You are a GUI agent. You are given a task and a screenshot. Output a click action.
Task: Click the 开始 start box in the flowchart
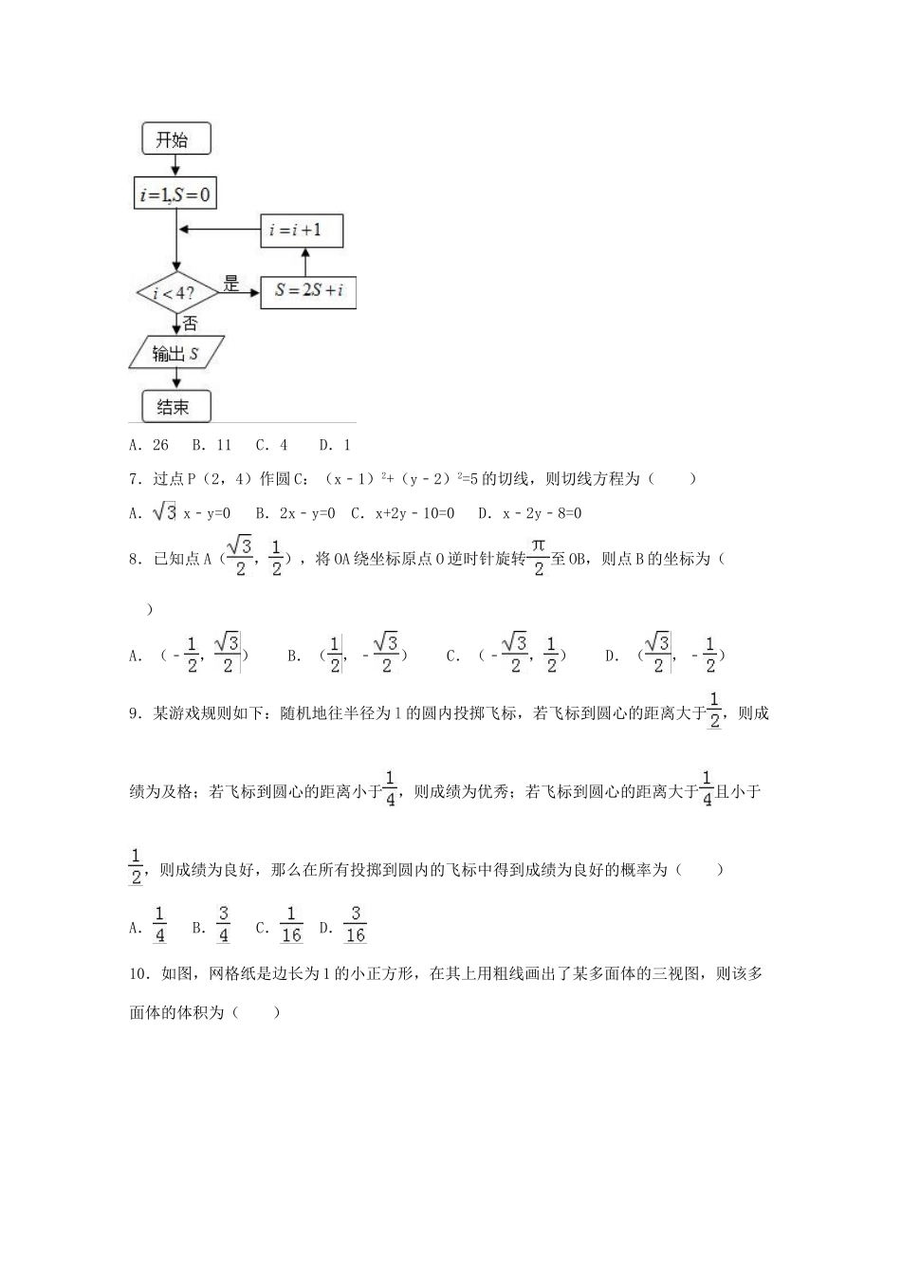point(176,140)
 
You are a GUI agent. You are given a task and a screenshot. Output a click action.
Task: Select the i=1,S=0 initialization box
point(175,195)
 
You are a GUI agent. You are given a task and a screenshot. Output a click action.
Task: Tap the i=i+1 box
point(301,231)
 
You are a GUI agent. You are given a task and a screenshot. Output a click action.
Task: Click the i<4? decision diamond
point(175,293)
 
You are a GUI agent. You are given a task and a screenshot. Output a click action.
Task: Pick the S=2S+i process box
point(307,292)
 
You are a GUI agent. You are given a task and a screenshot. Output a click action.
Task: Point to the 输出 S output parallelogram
point(175,354)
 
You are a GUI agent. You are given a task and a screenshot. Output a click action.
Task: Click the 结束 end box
point(175,407)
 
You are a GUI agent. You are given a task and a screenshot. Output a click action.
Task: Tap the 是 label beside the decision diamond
point(230,283)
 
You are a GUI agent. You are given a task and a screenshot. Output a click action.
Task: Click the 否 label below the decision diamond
point(190,323)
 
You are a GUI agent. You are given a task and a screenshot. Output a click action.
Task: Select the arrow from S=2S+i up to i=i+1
point(305,261)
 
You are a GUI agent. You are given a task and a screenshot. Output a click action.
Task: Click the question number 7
point(134,479)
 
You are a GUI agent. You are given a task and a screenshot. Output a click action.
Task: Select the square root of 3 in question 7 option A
point(164,512)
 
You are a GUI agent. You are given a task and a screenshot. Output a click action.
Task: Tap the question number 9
point(134,713)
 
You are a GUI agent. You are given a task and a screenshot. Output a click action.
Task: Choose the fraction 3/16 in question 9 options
point(355,925)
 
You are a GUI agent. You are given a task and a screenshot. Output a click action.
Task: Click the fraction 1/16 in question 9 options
point(291,925)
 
